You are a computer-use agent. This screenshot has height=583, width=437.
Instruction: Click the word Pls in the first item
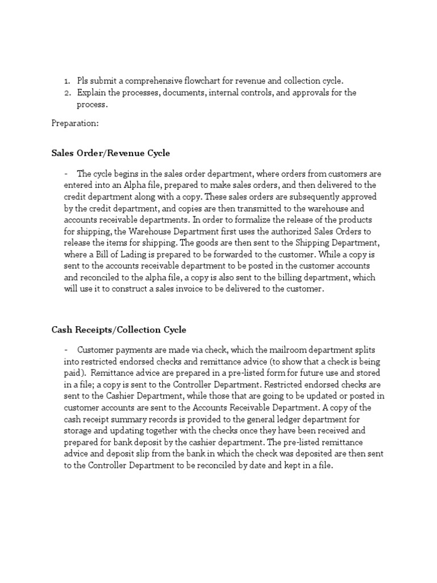tap(84, 81)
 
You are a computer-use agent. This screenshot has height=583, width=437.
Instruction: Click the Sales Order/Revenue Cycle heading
tap(110, 153)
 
